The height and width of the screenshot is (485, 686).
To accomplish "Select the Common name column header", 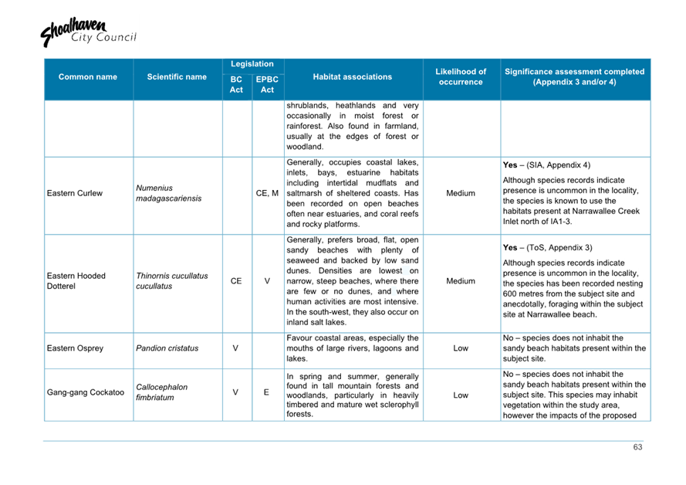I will pyautogui.click(x=87, y=77).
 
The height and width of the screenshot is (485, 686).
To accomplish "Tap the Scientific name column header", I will pyautogui.click(x=177, y=77).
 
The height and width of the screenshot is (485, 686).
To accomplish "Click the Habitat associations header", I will pyautogui.click(x=353, y=77).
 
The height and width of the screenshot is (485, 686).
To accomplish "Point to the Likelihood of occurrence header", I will pyautogui.click(x=461, y=76).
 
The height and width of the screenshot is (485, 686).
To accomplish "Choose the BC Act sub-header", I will pyautogui.click(x=236, y=85).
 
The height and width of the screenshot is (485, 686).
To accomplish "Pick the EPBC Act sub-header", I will pyautogui.click(x=267, y=85).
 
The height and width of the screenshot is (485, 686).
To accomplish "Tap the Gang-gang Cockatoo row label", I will pyautogui.click(x=86, y=392).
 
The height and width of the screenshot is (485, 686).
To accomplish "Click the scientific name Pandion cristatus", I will pyautogui.click(x=167, y=348).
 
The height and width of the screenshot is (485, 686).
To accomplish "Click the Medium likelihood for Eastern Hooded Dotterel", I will pyautogui.click(x=461, y=282).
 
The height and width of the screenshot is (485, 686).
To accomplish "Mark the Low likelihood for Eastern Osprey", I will pyautogui.click(x=461, y=348).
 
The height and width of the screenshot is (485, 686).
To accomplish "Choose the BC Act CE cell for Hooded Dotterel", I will pyautogui.click(x=236, y=282).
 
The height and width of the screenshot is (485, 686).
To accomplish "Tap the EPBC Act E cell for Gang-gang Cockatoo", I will pyautogui.click(x=266, y=392).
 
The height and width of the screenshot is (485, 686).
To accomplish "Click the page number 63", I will pyautogui.click(x=637, y=447).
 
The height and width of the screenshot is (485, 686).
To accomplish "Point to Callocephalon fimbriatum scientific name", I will pyautogui.click(x=161, y=392).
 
